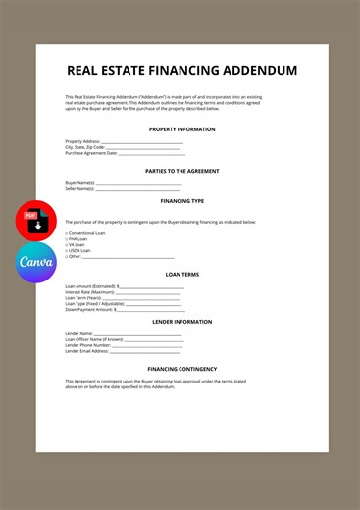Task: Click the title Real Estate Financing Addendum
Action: (x=181, y=71)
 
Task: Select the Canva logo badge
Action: (x=36, y=262)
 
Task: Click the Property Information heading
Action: (x=181, y=129)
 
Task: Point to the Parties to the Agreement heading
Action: (x=181, y=170)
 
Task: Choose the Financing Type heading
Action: (x=181, y=200)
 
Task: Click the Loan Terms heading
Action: (x=181, y=275)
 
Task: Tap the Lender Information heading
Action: (x=181, y=322)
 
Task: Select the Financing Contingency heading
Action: (x=181, y=369)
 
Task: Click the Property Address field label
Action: (x=82, y=141)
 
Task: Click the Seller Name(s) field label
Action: (x=79, y=188)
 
